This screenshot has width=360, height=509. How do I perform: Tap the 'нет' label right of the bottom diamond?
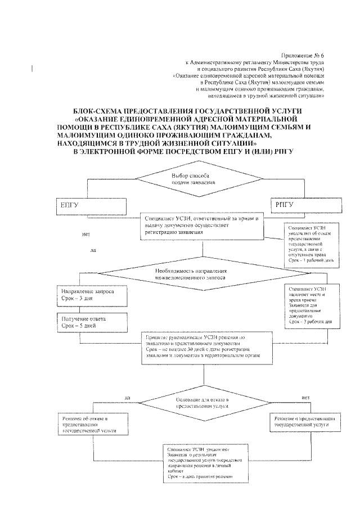(x=306, y=397)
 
